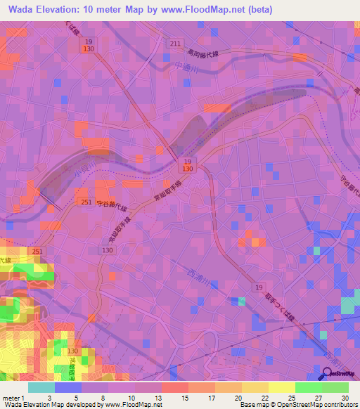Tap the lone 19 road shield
pyautogui.click(x=259, y=289)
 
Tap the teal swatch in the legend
pyautogui.click(x=42, y=387)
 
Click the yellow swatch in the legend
pyautogui.click(x=281, y=387)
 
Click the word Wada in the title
pyautogui.click(x=23, y=10)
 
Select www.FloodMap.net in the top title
pyautogui.click(x=199, y=10)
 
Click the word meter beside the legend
pyautogui.click(x=12, y=398)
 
